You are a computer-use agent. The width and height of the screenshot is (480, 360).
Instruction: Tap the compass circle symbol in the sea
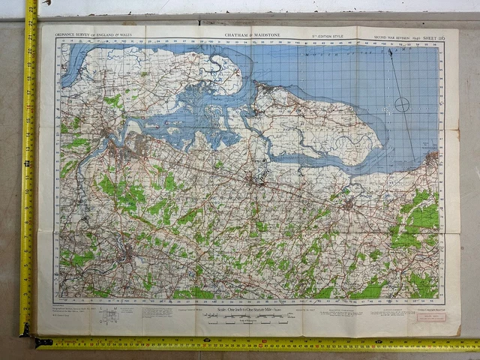click(x=403, y=104)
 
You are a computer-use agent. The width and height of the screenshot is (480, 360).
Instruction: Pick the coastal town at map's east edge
click(x=433, y=157)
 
